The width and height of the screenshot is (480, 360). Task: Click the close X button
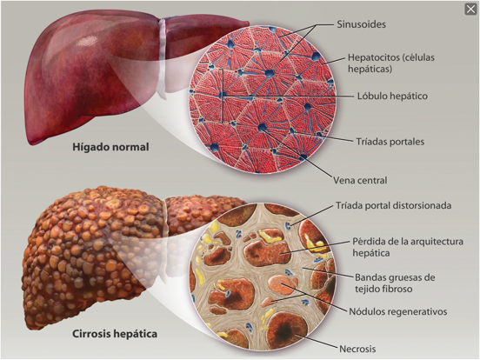tap(470, 10)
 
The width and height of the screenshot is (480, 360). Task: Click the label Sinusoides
tap(361, 24)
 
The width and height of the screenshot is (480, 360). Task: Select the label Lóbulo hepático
tap(392, 96)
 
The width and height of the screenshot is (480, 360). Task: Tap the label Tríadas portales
tap(390, 142)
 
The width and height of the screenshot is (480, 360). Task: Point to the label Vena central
tap(360, 180)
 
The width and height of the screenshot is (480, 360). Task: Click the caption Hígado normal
tap(110, 147)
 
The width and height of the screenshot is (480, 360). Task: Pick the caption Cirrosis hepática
tap(115, 333)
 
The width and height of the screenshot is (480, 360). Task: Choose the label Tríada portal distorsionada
tap(393, 205)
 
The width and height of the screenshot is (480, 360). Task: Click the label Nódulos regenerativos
tap(398, 311)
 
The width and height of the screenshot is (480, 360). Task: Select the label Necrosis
tap(357, 349)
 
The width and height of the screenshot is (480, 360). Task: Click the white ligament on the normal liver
tap(163, 58)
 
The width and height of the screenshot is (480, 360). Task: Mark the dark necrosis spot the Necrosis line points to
tap(284, 330)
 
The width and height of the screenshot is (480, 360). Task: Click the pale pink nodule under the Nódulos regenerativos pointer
tap(279, 283)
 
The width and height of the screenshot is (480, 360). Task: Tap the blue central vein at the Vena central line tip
tap(262, 127)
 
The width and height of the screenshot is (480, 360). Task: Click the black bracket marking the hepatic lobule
tap(222, 96)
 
